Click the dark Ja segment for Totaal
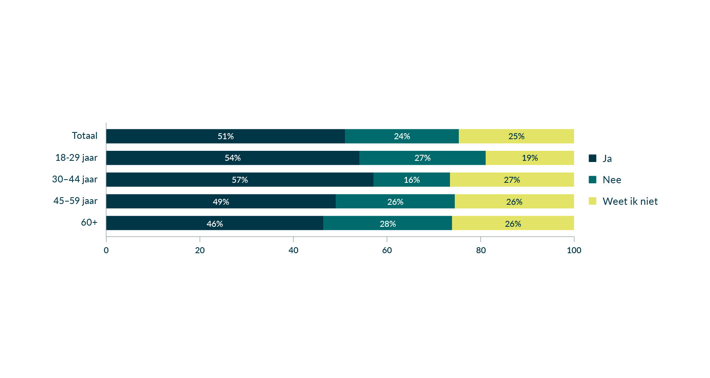[226, 136]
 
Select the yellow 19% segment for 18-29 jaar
[530, 158]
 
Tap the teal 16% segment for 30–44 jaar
[411, 180]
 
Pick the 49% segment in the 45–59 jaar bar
[221, 201]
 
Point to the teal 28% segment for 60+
[387, 223]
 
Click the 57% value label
[240, 180]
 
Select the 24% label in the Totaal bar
[402, 136]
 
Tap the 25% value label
[516, 136]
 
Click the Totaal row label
[85, 136]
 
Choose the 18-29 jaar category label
[76, 158]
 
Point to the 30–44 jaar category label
[75, 179]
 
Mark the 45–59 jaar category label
[75, 201]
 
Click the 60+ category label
[89, 222]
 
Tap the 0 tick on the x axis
[106, 250]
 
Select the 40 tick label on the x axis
[293, 250]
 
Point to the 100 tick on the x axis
[574, 250]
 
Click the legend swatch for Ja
[593, 158]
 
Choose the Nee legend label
[612, 180]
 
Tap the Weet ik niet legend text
[630, 201]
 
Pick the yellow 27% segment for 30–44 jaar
[512, 180]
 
